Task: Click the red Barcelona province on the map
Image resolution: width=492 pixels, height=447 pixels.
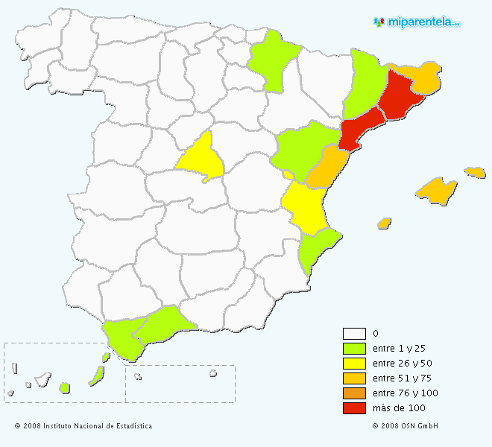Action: tap(400, 98)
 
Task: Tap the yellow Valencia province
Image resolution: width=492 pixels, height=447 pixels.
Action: tap(306, 208)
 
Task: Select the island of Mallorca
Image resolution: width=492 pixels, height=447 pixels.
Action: tap(436, 190)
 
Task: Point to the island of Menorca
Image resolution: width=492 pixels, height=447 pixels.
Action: tap(475, 172)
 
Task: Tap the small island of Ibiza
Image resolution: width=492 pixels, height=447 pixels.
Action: tap(385, 223)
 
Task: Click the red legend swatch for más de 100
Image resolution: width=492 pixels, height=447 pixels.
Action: tap(354, 408)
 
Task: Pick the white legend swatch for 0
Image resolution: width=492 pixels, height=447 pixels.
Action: tap(354, 334)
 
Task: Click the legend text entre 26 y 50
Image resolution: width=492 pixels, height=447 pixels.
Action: tap(402, 364)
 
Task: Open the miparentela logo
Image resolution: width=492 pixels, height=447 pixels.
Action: tap(417, 22)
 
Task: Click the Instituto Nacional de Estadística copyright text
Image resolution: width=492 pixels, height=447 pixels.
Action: tap(83, 426)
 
